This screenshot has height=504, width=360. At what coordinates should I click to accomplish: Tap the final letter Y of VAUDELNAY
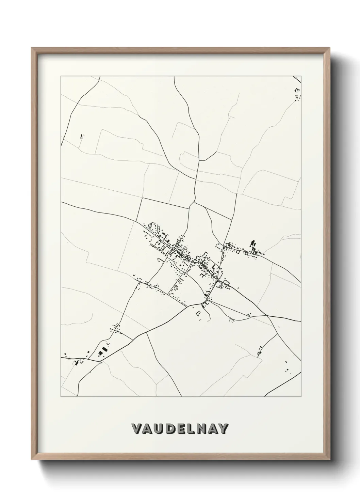click(224, 429)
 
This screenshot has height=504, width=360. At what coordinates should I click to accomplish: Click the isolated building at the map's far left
click(81, 136)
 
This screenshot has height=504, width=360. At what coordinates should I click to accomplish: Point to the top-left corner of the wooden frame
click(32, 48)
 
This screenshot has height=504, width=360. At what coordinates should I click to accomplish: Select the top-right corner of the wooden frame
click(328, 48)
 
